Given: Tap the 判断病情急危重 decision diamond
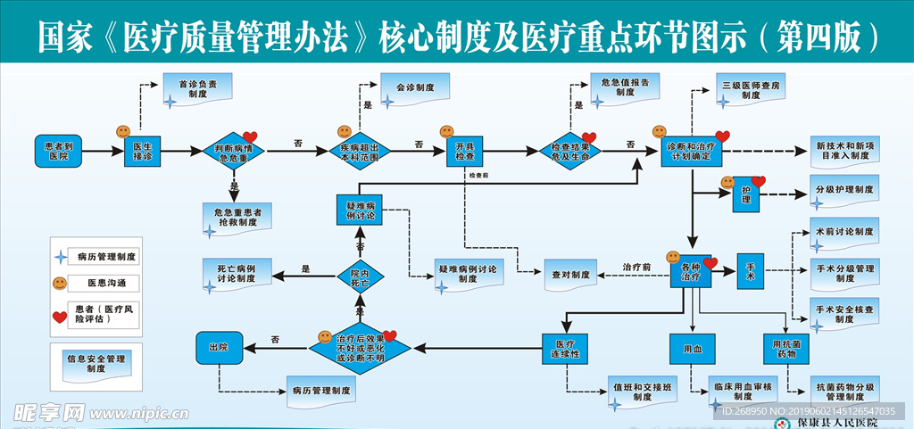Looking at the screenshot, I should pos(233,152).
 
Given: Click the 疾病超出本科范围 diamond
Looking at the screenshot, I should pos(360,152).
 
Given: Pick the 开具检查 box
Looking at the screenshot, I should pos(465,151).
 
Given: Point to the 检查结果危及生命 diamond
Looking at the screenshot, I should pos(572,152).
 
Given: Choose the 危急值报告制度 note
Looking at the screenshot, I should pos(625,87).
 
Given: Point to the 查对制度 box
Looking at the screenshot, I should pos(569,276).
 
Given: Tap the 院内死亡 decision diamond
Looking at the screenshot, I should pos(360,277).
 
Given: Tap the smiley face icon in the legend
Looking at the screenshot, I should pos(60,284).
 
